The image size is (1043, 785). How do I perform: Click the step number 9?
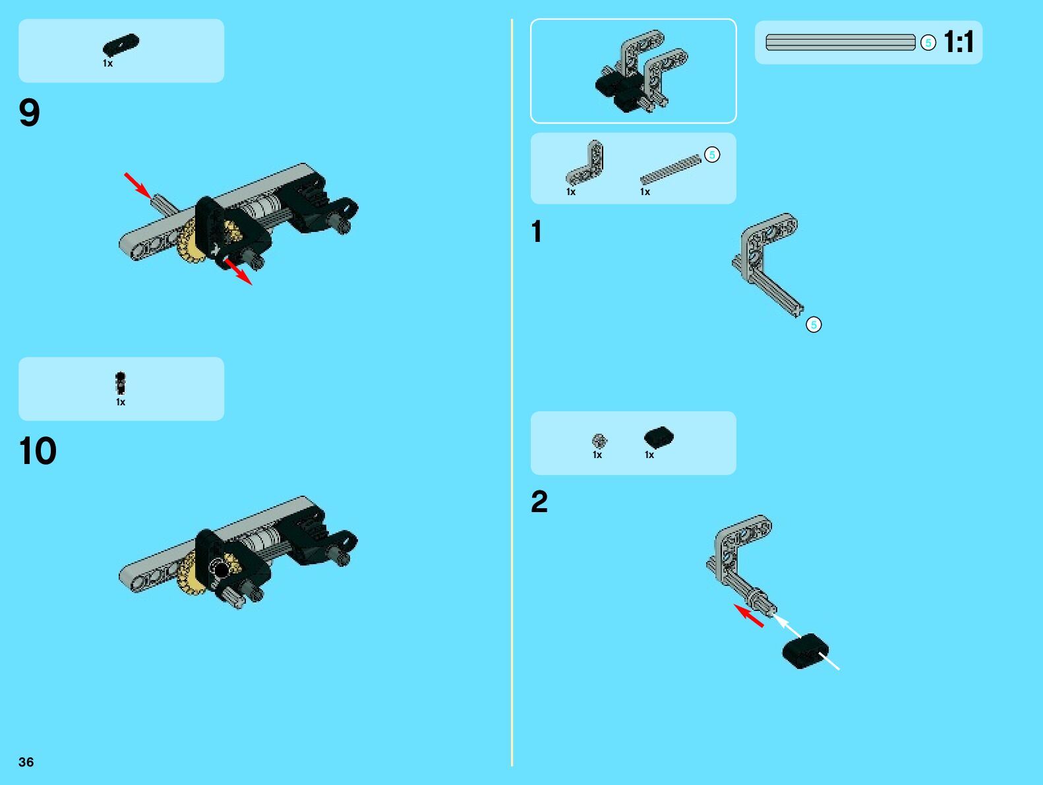[30, 113]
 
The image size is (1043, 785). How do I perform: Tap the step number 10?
[38, 451]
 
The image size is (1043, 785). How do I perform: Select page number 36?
[26, 762]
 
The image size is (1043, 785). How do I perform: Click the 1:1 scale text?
[959, 42]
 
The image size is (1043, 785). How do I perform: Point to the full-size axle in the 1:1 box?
[840, 42]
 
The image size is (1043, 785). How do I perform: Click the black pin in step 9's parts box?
[121, 45]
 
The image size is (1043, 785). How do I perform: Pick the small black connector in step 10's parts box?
[121, 383]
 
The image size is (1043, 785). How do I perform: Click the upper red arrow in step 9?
[138, 185]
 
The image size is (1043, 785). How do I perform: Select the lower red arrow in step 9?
[238, 272]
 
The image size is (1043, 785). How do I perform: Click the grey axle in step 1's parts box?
[670, 170]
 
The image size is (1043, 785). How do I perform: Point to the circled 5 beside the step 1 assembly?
[814, 325]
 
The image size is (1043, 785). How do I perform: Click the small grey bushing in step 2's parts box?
[599, 440]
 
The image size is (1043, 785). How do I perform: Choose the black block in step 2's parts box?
[659, 438]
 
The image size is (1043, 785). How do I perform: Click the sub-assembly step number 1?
[537, 232]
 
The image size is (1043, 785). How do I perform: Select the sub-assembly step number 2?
[539, 502]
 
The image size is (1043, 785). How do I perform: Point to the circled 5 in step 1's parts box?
[712, 155]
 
